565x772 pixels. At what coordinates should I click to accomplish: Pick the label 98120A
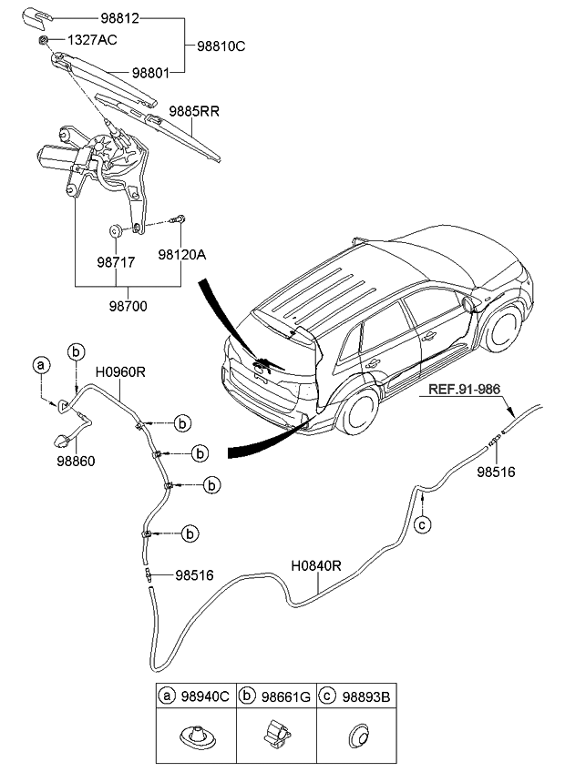click(x=182, y=255)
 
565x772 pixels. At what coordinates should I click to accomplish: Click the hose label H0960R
click(x=119, y=371)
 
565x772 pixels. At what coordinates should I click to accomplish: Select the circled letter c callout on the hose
click(x=421, y=524)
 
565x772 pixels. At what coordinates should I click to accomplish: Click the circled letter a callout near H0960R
click(x=39, y=365)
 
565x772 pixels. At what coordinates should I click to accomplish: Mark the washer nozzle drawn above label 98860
click(x=62, y=442)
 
